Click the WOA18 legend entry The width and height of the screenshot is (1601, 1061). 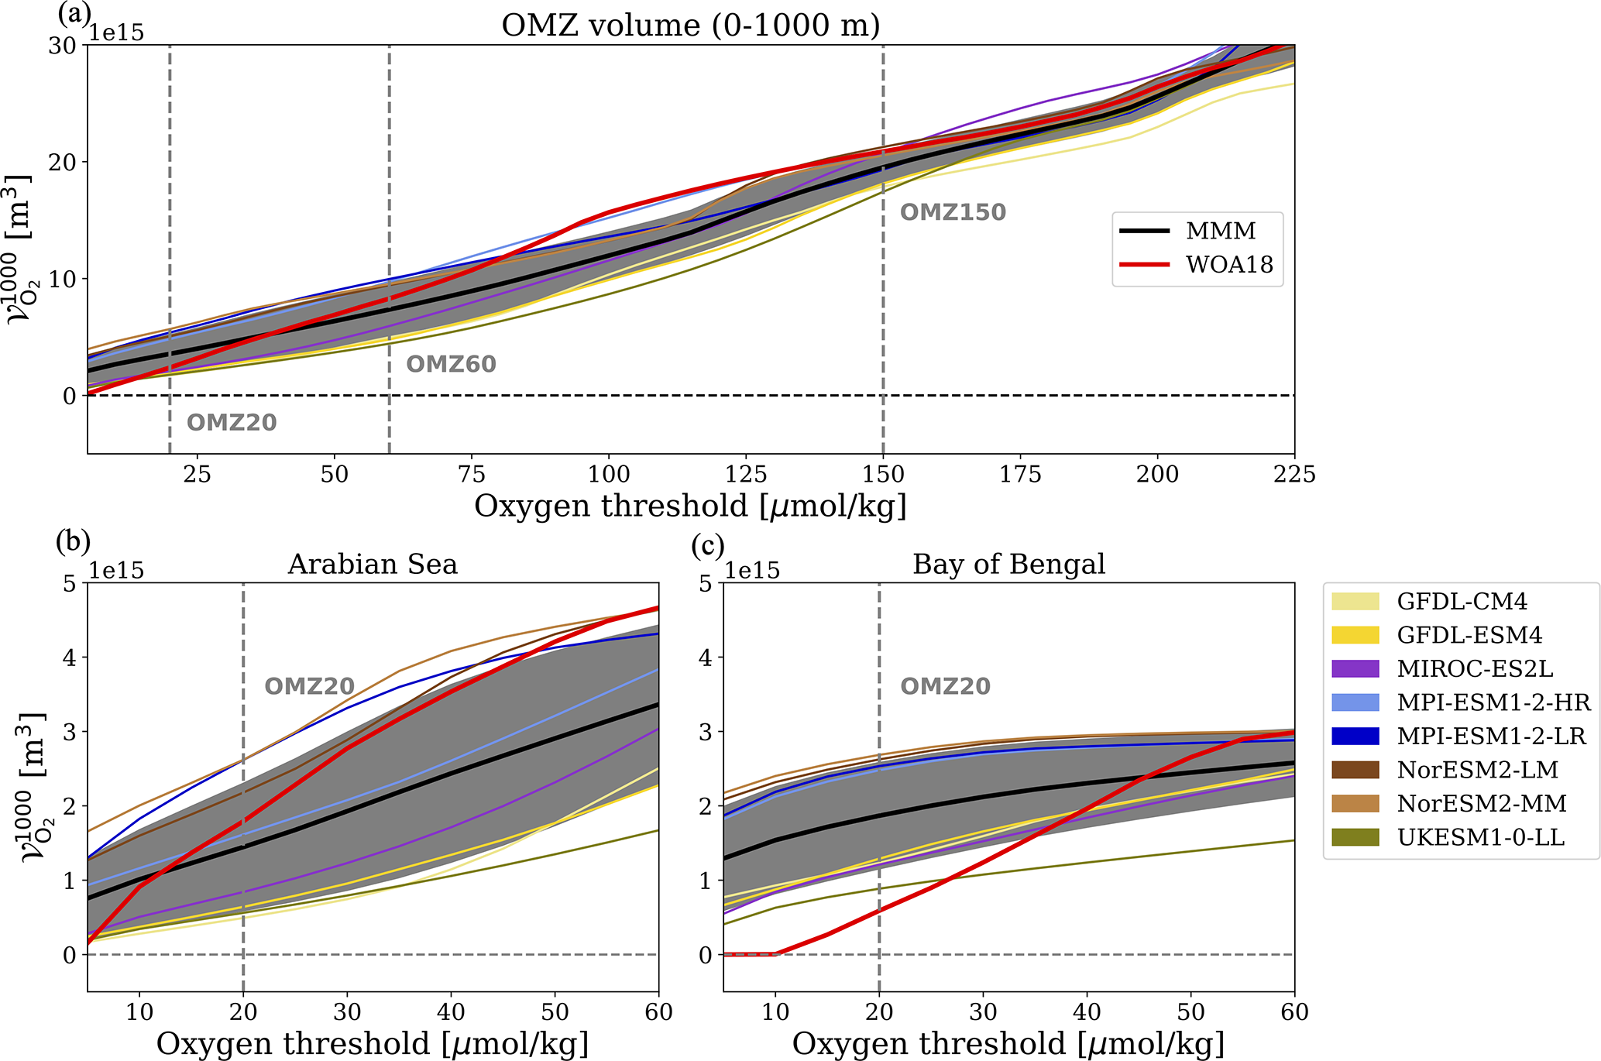tap(1229, 265)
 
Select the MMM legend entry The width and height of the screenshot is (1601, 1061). tap(1221, 231)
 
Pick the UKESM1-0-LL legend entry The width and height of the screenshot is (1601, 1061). tap(1480, 837)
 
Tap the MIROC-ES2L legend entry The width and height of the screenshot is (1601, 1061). tap(1475, 668)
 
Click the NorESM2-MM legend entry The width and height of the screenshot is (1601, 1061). tap(1482, 803)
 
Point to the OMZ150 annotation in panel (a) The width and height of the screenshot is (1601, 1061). tap(953, 212)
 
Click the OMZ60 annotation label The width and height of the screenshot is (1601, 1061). tap(451, 364)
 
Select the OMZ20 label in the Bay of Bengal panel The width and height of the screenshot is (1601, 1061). tap(945, 686)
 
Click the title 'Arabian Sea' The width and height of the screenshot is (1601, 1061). tap(373, 564)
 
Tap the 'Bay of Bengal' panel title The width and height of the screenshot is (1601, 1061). tap(1008, 564)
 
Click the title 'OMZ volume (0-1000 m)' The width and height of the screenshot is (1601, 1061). tap(690, 25)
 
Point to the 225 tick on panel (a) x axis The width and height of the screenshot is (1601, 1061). tap(1294, 474)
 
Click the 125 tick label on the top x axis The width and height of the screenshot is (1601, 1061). tap(745, 474)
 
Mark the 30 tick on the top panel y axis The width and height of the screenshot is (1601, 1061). tap(62, 46)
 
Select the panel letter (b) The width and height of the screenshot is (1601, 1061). tap(73, 542)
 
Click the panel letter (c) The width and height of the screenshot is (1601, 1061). tap(708, 545)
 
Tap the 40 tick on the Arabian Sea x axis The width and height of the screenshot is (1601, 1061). tap(451, 1011)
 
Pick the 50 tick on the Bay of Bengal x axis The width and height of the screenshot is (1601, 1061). tap(1190, 1011)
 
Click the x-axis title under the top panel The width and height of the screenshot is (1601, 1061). tap(690, 506)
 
